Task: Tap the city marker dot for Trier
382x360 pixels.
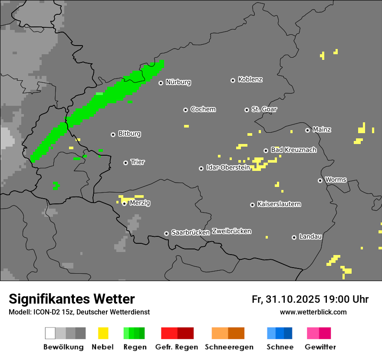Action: point(125,163)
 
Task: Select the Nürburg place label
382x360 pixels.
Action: point(178,82)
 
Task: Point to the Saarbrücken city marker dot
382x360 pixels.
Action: point(166,233)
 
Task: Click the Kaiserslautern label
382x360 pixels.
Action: point(279,204)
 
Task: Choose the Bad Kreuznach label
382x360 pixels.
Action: point(293,150)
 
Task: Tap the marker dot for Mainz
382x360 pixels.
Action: point(307,130)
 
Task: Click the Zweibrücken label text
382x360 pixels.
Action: point(231,231)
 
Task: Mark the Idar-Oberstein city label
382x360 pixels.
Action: point(228,167)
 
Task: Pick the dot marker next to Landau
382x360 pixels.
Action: point(294,237)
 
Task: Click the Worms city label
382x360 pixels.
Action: point(336,180)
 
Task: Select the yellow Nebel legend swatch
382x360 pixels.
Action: point(103,333)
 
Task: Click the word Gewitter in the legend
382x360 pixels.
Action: point(320,347)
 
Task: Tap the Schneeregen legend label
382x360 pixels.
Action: point(229,347)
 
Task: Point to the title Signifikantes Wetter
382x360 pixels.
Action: point(72,299)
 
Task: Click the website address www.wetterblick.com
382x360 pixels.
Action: point(313,312)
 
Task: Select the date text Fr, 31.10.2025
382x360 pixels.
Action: point(286,299)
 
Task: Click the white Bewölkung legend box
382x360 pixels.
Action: point(50,333)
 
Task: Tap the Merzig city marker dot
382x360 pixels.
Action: point(124,203)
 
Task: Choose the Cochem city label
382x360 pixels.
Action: point(203,109)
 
